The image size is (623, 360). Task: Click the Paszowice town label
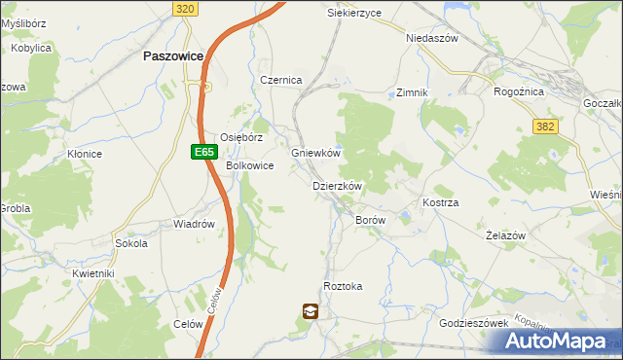tap(172, 56)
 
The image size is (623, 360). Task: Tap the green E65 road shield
tap(202, 152)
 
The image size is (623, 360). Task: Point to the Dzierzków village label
tap(337, 186)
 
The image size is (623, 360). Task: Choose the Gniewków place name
tap(315, 154)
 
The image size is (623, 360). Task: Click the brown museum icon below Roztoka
tap(310, 311)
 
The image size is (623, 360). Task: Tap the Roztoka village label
tap(343, 286)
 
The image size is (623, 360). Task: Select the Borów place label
tap(371, 221)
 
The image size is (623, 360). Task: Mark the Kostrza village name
tap(440, 202)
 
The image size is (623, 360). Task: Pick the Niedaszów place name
tap(431, 38)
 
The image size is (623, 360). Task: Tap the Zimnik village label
tap(412, 92)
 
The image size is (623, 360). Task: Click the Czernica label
tap(281, 80)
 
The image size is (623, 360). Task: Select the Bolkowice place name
tap(250, 166)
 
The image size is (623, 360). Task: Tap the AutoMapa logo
tap(560, 341)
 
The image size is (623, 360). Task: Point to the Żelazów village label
tap(505, 235)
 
